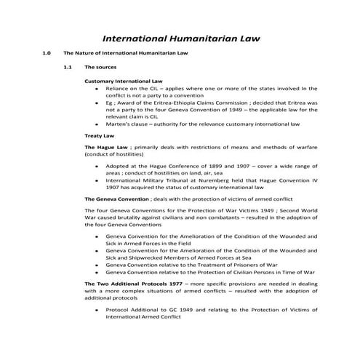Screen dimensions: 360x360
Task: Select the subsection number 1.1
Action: coord(68,67)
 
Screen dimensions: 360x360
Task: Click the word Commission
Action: coord(234,103)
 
